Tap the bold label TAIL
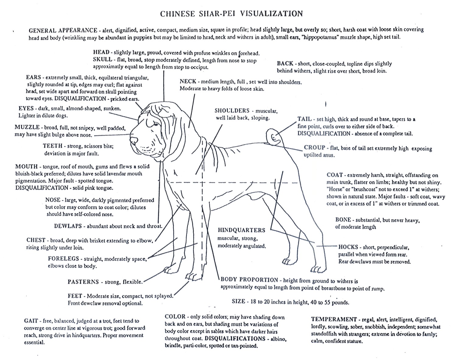[x=304, y=119]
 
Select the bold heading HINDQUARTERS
[x=241, y=230]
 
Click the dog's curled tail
[x=273, y=136]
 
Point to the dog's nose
[x=133, y=141]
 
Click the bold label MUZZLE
[x=27, y=127]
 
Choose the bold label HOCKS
[x=348, y=247]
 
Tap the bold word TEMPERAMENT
[x=334, y=319]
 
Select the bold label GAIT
[x=31, y=321]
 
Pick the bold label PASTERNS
[x=83, y=282]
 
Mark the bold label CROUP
[x=314, y=148]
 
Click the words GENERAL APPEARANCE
[x=63, y=30]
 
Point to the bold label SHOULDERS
[x=232, y=111]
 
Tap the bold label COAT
[x=335, y=175]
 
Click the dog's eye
[x=156, y=124]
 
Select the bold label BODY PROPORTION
[x=249, y=280]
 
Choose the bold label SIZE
[x=238, y=301]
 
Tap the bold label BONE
[x=343, y=220]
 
